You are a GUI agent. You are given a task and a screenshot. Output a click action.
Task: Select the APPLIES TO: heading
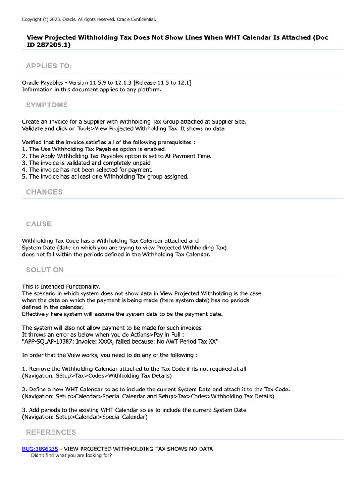pos(49,66)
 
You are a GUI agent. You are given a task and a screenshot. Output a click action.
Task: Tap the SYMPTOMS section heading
pos(47,105)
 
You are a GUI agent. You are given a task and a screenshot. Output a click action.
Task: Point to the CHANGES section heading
pos(44,192)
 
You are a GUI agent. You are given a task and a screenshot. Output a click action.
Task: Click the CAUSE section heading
pos(39,224)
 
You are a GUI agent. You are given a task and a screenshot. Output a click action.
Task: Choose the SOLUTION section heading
pos(45,270)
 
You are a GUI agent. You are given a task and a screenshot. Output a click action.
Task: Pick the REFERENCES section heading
pos(51,432)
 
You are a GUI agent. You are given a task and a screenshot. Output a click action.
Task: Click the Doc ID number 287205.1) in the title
pos(49,45)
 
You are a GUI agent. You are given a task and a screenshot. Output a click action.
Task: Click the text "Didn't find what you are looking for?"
pos(71,455)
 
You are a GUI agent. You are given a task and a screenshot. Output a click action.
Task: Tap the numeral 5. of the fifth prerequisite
pos(25,177)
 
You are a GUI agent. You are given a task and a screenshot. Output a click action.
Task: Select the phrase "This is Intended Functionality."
pos(61,286)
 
